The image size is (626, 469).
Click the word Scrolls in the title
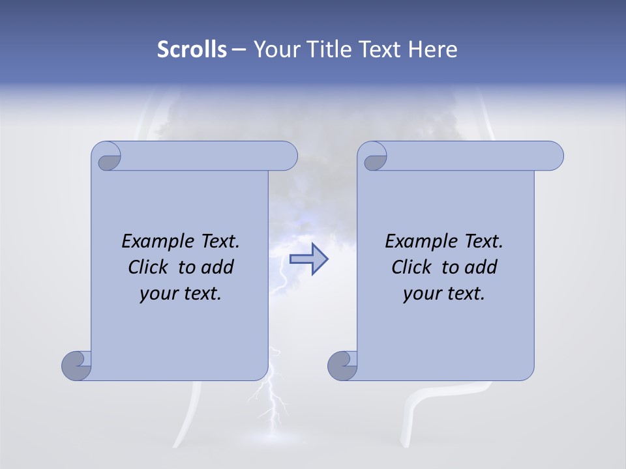[192, 50]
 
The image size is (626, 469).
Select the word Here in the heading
[432, 50]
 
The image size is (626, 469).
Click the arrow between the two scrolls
[308, 259]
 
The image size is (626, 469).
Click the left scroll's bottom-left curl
[76, 365]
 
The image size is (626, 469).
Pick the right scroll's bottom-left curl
[342, 365]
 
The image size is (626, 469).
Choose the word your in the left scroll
[158, 294]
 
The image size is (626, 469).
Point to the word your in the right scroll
[421, 294]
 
